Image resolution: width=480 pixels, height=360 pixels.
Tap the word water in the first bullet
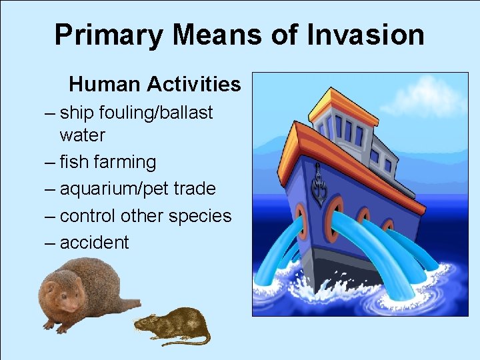82,135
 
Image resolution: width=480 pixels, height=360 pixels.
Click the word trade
193,189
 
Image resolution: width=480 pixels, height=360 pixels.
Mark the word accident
94,243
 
